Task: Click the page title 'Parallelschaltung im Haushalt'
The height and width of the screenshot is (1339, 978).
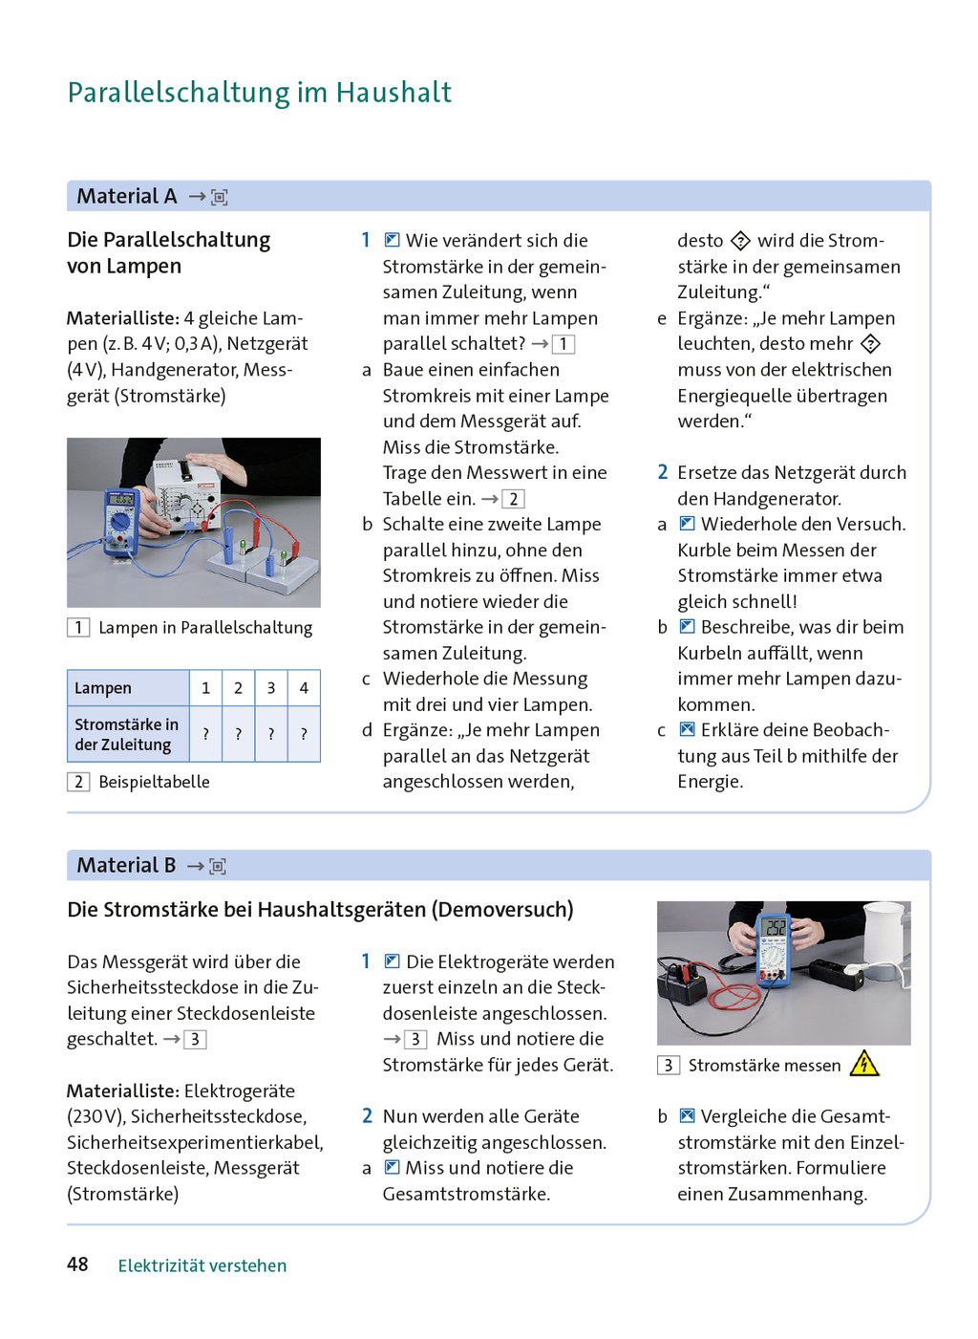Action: coord(259,93)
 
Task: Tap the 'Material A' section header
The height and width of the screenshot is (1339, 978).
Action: coord(127,196)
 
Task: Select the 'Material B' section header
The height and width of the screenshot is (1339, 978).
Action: coord(126,865)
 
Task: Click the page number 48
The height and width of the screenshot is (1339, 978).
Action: coord(77,1264)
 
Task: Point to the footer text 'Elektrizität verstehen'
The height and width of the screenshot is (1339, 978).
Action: coord(202,1265)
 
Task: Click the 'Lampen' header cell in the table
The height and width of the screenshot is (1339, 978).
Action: coord(103,688)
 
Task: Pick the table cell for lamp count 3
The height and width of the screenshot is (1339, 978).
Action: coord(271,688)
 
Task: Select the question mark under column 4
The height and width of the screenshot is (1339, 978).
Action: coord(304,734)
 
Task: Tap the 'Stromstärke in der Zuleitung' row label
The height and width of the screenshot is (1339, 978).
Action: coord(126,734)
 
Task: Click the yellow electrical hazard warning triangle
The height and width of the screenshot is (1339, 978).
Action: coord(864,1064)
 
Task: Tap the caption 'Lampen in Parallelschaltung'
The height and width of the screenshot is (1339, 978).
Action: coord(205,628)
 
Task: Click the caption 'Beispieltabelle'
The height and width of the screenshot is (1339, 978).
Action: coord(154,782)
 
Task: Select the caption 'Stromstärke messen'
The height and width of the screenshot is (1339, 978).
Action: coord(764,1066)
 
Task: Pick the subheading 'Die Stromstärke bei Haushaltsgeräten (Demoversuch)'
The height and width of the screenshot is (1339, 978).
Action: coord(320,910)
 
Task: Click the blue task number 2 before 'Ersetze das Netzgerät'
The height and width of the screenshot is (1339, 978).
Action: coord(662,472)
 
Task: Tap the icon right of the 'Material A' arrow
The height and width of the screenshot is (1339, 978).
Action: coord(220,197)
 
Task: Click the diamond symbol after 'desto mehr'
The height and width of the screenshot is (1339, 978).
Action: coord(870,344)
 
